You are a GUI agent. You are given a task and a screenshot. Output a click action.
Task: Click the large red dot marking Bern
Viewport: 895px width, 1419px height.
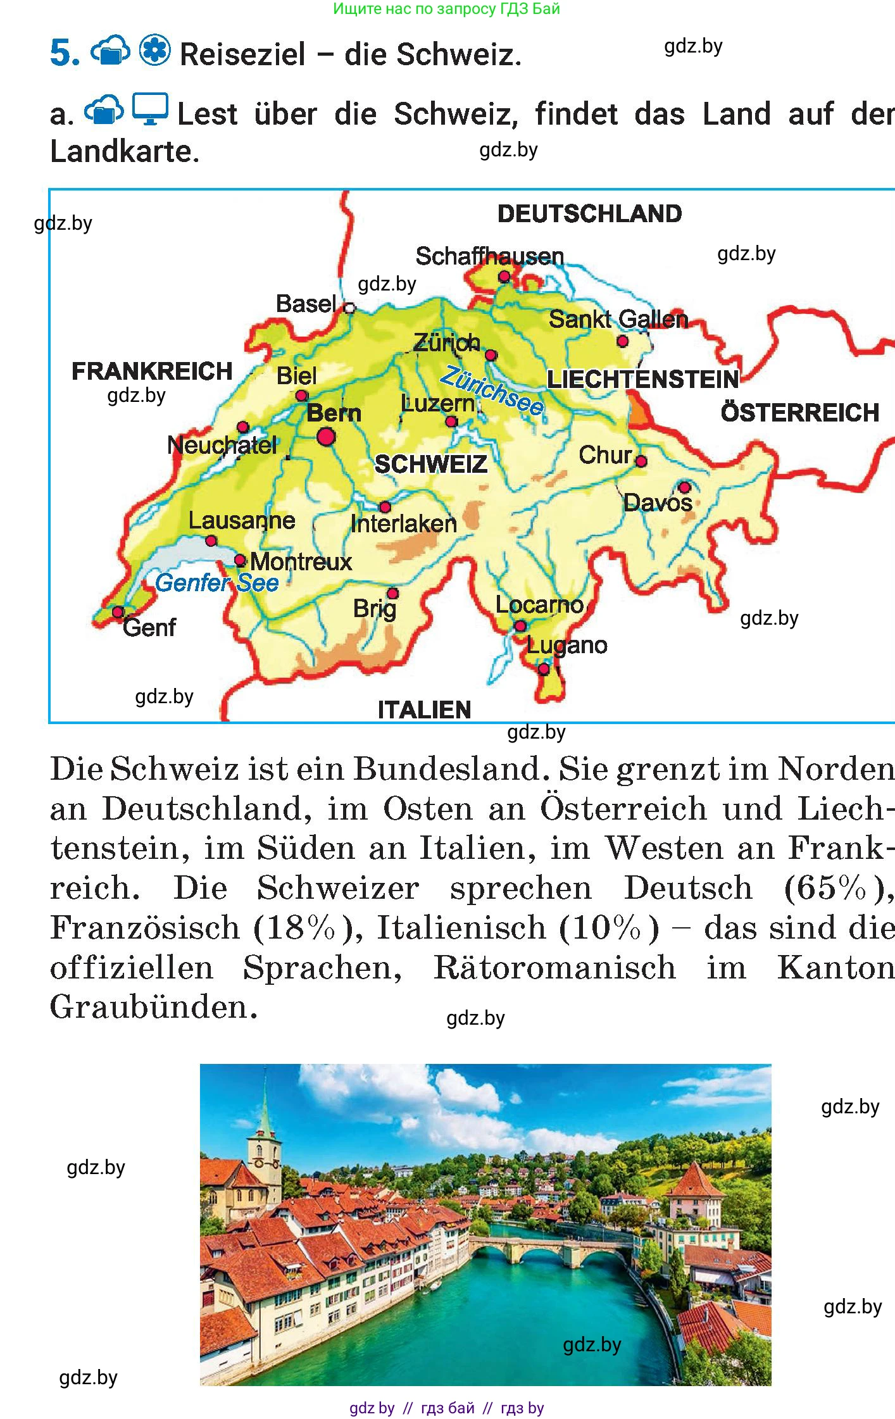326,436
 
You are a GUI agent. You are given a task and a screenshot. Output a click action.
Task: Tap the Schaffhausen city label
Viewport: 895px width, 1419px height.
489,256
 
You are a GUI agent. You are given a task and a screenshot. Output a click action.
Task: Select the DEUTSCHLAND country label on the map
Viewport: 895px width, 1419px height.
589,214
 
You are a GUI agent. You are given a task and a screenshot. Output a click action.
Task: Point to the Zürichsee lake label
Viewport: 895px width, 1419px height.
492,391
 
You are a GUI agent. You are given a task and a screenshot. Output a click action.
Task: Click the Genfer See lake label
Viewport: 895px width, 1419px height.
216,583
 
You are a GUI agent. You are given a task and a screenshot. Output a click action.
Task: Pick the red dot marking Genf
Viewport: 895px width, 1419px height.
118,612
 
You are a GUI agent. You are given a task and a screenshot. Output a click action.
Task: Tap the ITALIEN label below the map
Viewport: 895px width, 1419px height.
424,710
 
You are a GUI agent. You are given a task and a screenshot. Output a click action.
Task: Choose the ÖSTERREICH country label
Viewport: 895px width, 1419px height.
800,413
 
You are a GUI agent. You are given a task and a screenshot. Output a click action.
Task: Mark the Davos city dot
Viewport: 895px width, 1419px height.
684,487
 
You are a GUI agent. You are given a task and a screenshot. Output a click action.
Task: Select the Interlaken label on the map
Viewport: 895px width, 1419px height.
403,524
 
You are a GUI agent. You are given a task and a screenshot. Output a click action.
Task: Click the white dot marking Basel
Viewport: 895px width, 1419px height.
349,308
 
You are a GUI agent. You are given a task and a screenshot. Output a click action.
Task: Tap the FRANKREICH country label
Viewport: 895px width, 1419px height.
152,371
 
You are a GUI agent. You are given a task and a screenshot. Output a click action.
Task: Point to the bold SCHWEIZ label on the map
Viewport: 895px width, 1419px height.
431,465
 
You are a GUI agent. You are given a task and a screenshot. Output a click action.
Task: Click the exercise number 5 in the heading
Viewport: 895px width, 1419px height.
65,54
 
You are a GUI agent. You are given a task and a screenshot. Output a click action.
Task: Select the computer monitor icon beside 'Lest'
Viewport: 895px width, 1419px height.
150,109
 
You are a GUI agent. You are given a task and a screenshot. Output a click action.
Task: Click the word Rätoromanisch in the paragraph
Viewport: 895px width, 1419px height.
554,968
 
